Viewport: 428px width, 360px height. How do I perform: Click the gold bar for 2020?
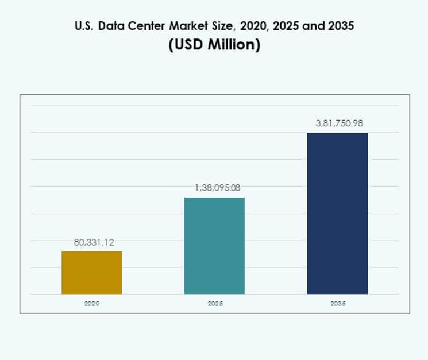pos(91,273)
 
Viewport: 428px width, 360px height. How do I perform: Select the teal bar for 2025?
pos(214,246)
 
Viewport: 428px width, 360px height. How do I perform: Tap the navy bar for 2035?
pos(337,214)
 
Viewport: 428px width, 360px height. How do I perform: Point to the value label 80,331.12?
pos(94,242)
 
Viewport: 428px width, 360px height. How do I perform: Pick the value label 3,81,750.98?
pos(339,123)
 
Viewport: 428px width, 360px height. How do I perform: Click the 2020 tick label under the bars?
pos(91,303)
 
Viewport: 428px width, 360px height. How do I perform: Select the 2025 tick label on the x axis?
pos(215,303)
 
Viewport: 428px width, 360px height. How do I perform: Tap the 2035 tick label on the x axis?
pos(338,303)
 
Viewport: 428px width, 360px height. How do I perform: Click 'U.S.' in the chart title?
pos(84,26)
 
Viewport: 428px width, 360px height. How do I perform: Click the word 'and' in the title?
pos(309,26)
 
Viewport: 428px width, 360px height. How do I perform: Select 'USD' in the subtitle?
pos(189,45)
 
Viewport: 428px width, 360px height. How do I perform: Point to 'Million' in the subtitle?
pos(232,45)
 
